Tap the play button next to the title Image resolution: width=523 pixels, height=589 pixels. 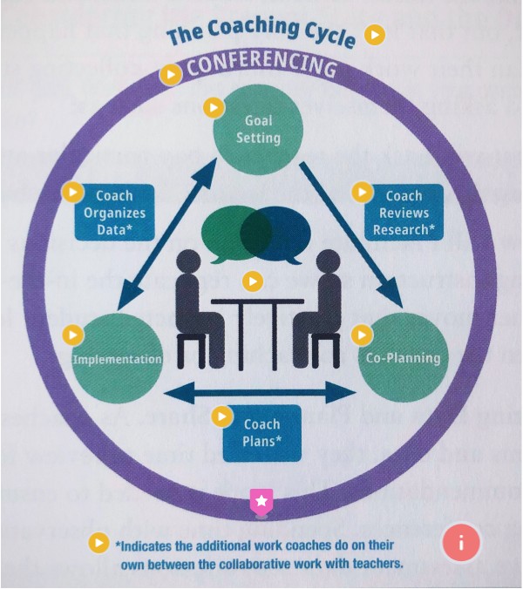(374, 35)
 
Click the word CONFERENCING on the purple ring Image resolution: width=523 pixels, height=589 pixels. (261, 68)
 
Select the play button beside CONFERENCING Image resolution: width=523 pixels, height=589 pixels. (171, 75)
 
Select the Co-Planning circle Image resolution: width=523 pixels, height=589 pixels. (402, 358)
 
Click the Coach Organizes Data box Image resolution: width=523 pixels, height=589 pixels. (114, 213)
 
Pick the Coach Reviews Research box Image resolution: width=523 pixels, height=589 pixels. (403, 213)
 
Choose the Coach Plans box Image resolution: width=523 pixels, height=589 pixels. (261, 433)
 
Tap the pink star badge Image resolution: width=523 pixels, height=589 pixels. (261, 501)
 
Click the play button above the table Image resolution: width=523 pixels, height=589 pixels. (252, 281)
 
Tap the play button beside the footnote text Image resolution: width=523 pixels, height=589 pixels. (100, 543)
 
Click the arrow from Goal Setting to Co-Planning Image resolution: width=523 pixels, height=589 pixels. (350, 234)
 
